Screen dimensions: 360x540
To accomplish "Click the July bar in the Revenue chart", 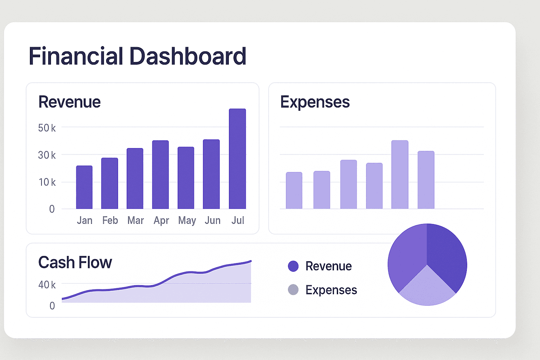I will click(x=237, y=159).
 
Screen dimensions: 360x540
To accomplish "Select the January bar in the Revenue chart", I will click(x=84, y=187).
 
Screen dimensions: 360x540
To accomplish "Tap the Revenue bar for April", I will click(x=160, y=175).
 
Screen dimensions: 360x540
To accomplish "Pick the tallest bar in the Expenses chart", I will click(x=400, y=175).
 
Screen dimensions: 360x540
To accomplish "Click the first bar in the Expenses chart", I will click(x=294, y=191).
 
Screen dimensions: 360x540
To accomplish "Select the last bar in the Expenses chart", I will click(x=426, y=180).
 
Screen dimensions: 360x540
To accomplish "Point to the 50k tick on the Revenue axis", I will click(x=47, y=128).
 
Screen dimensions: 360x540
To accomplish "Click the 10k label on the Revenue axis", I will click(x=47, y=182).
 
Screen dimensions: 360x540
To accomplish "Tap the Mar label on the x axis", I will click(x=136, y=220).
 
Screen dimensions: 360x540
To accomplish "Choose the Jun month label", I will click(x=212, y=220).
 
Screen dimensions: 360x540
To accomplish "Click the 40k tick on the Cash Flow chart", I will click(x=47, y=284).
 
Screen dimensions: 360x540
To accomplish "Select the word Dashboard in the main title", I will click(x=188, y=56).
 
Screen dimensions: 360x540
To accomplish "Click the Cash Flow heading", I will click(x=75, y=263).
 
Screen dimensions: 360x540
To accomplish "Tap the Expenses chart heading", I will click(x=315, y=102).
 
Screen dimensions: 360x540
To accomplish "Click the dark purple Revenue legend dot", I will click(x=293, y=266).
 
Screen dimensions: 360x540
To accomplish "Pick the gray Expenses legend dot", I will click(x=293, y=290).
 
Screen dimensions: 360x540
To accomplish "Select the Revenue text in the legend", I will click(x=328, y=266).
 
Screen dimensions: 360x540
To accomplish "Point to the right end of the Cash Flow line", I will click(x=251, y=261).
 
